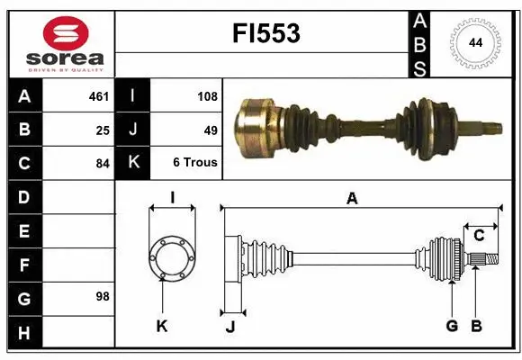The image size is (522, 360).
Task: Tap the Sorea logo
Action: (66, 42)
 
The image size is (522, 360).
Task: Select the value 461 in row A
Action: (98, 95)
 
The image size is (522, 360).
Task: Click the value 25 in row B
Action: (103, 130)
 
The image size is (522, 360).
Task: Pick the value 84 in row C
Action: (103, 164)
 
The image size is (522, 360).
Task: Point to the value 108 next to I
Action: (207, 95)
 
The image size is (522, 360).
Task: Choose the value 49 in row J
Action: (211, 130)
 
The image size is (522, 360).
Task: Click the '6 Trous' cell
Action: (194, 164)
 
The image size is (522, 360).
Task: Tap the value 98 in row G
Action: (103, 296)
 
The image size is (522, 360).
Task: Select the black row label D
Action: (24, 196)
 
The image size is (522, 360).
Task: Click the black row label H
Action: (24, 334)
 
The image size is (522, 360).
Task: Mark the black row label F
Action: (24, 265)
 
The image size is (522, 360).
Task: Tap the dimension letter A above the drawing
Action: (353, 199)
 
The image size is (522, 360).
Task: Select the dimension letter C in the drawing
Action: (479, 236)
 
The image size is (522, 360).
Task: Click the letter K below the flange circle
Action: (162, 326)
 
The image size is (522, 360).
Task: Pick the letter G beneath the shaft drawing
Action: (452, 326)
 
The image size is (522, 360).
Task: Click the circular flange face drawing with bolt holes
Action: (171, 258)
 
